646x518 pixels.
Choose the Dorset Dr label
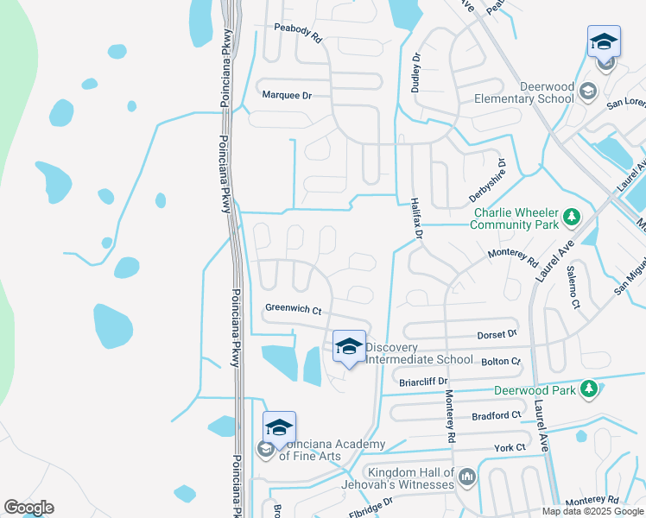[x=497, y=333]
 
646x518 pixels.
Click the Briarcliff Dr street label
[x=423, y=381]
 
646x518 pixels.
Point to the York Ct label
[x=510, y=447]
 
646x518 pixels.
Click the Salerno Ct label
[x=572, y=287]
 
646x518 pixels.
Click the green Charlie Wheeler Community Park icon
[x=570, y=215]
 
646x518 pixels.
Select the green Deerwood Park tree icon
[x=589, y=389]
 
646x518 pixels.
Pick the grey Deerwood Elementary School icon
[x=587, y=90]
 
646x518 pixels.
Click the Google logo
[x=28, y=508]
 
